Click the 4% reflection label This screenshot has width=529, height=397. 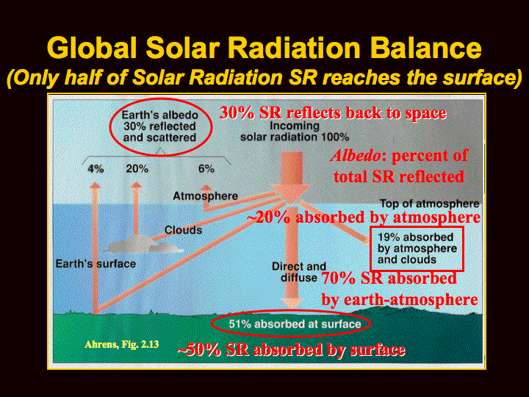(96, 169)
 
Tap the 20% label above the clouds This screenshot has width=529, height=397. (137, 168)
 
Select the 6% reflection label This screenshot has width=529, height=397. (206, 168)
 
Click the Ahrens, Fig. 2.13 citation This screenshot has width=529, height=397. (122, 344)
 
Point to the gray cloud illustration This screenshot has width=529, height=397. (143, 246)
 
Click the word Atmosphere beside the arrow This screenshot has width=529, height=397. (206, 196)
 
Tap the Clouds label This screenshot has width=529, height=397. (183, 230)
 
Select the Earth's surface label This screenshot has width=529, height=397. (96, 264)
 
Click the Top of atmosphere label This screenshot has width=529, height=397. (430, 204)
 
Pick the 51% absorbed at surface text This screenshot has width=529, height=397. (295, 324)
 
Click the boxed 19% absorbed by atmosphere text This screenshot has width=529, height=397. (417, 248)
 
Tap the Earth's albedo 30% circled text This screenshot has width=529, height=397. (160, 126)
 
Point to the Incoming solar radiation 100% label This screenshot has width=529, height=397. (295, 132)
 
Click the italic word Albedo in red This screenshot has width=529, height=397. (356, 156)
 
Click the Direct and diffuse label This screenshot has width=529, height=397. (299, 272)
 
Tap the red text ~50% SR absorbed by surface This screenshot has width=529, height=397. (292, 350)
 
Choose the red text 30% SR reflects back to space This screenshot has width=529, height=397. (334, 112)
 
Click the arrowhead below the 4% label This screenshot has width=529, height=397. (96, 185)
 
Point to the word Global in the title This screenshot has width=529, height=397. (92, 48)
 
